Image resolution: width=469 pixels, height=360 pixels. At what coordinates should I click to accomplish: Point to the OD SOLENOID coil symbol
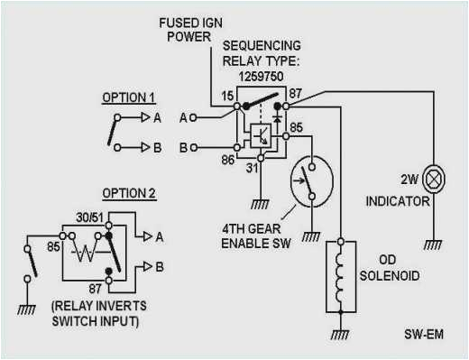[x=340, y=272]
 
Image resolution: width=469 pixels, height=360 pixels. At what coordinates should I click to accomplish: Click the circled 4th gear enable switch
[x=308, y=179]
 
